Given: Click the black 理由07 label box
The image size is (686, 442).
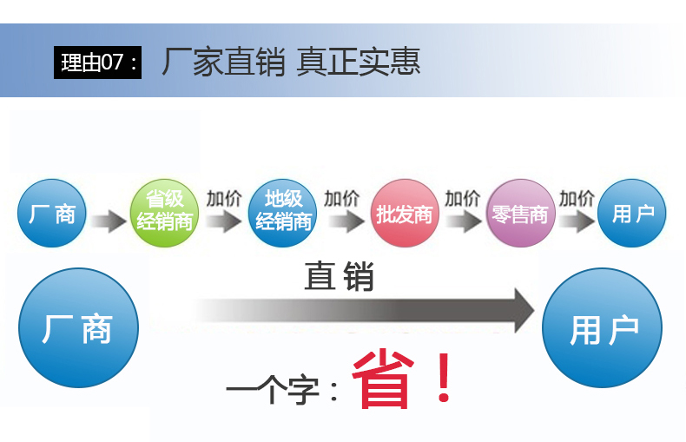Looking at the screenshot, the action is pos(97,63).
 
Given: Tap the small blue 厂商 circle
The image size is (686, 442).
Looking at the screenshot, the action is pos(52,214).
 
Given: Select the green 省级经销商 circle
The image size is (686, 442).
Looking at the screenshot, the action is pos(165,213).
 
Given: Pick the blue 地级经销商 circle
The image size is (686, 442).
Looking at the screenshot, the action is pos(283,213).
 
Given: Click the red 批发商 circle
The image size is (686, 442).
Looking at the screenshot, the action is pos(404,214).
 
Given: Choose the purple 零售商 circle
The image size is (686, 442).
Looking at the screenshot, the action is pos(520,214).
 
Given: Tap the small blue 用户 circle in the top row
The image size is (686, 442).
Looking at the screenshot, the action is pos(632,214).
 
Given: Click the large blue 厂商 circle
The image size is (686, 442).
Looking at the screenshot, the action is pos(78,327).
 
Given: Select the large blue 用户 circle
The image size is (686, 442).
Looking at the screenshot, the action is pos(603,328).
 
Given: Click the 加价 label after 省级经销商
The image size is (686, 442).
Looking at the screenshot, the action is pos(224,198).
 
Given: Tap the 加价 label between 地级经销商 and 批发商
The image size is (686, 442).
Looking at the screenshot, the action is pos(342,198).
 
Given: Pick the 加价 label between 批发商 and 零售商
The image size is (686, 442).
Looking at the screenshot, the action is pos(462,198).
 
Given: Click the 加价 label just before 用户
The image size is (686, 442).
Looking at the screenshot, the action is pos(577,198).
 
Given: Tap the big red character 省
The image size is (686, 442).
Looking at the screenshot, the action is pos(383,379).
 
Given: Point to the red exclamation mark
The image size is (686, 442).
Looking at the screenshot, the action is pos(445,379).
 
